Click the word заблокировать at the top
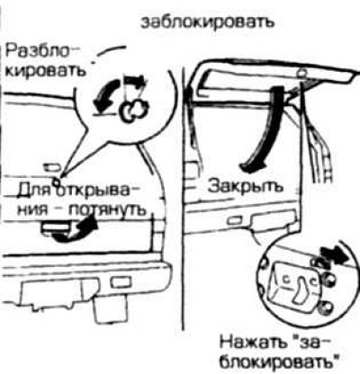point(208,22)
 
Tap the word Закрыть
point(246,186)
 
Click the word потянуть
point(107,209)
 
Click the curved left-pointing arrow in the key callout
point(104,94)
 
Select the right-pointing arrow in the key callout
point(136,82)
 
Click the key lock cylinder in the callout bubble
point(133,110)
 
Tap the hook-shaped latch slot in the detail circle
point(301,289)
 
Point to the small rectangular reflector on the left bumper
point(121,282)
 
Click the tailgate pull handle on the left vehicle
point(57,227)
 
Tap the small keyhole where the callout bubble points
point(56,180)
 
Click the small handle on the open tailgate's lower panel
point(235,220)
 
